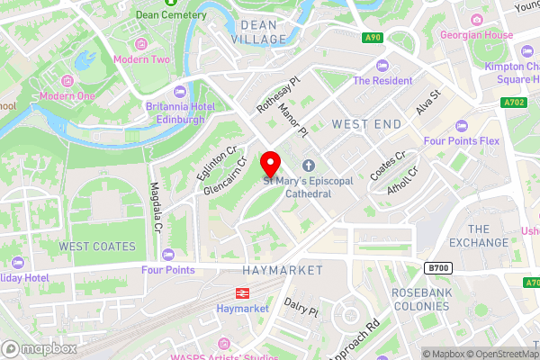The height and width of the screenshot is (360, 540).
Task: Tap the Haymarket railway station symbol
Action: click(241, 292)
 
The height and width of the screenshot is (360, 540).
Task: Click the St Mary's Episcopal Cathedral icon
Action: click(309, 166)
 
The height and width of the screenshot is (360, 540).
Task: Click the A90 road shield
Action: click(373, 37)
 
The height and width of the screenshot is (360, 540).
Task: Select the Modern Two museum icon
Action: click(139, 44)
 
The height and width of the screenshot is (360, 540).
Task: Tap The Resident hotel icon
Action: click(381, 65)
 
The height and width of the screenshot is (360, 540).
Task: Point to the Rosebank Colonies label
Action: click(419, 300)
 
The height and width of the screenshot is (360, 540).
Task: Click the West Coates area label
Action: click(97, 246)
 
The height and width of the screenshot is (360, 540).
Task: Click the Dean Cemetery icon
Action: click(142, 14)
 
